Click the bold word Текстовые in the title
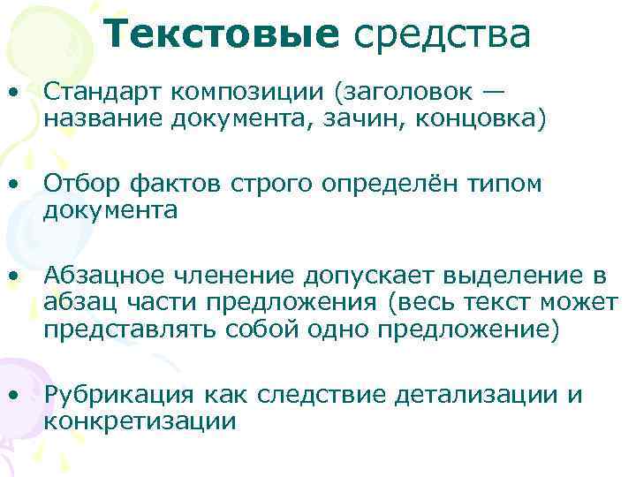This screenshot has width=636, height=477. (226, 34)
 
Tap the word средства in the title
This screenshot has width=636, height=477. (443, 34)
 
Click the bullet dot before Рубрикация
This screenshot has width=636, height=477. (15, 396)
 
